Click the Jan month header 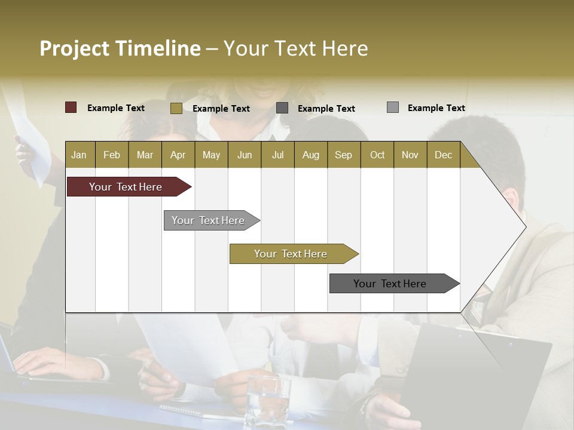coord(79,155)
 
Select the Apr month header coord(178,155)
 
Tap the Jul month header coord(277,155)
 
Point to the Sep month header coord(343,155)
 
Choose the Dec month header coord(443,155)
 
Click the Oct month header coord(377,155)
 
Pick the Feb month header coord(112,155)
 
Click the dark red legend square coord(71,107)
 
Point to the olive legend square coord(176,108)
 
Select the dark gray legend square coord(282,108)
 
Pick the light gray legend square coord(392,107)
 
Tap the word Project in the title coord(75,48)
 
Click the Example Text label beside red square coord(116,108)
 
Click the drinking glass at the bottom coord(267,400)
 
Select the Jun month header coord(245,155)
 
